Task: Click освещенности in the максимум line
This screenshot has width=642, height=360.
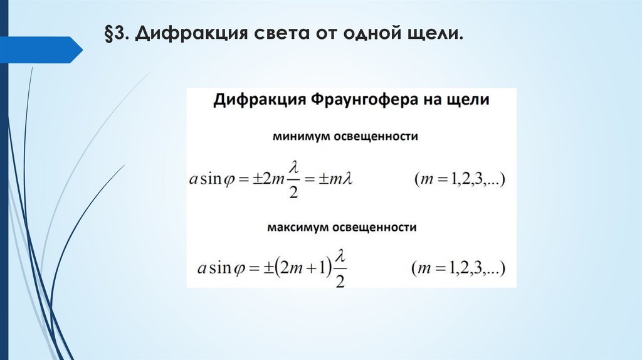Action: pyautogui.click(x=379, y=226)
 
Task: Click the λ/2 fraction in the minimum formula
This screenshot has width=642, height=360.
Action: pyautogui.click(x=293, y=179)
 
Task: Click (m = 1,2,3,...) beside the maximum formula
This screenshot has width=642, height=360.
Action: pyautogui.click(x=460, y=270)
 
